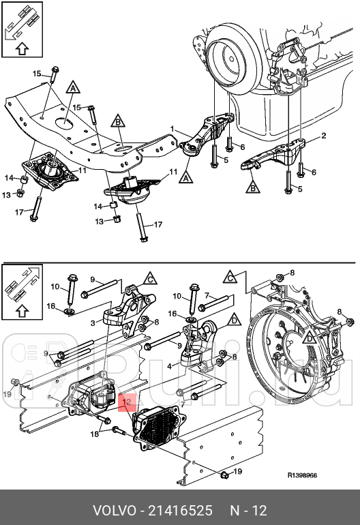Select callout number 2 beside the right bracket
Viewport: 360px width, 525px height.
coord(323,136)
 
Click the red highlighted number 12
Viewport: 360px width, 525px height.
coord(126,403)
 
